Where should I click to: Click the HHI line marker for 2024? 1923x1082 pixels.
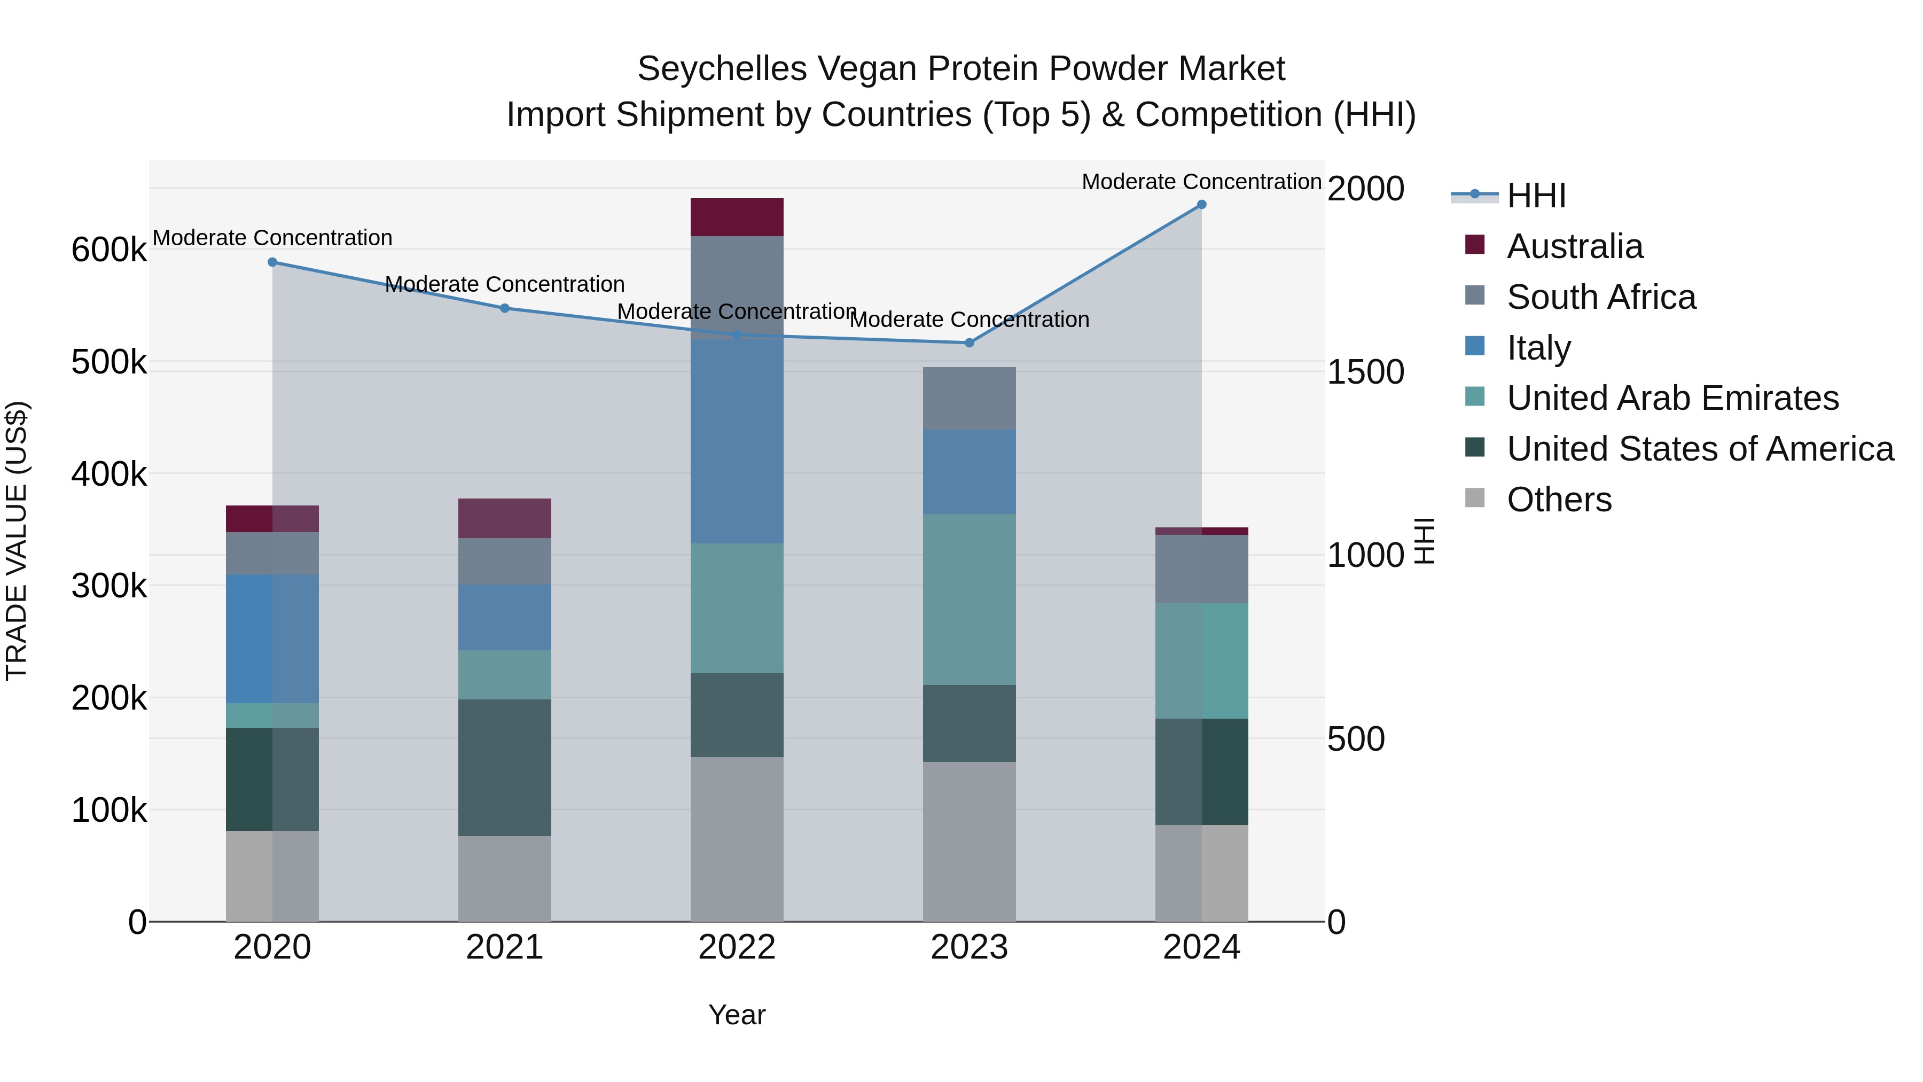pyautogui.click(x=1201, y=205)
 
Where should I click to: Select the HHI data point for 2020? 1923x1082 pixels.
pyautogui.click(x=272, y=262)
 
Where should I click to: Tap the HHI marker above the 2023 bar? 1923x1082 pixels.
pyautogui.click(x=969, y=342)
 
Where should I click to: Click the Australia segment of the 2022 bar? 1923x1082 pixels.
pyautogui.click(x=737, y=217)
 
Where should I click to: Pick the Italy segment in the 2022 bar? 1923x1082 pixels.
pyautogui.click(x=737, y=441)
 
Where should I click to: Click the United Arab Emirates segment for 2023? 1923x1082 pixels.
pyautogui.click(x=969, y=599)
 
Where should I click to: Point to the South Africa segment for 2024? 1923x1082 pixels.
pyautogui.click(x=1201, y=569)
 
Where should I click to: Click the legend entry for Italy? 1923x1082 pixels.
pyautogui.click(x=1538, y=348)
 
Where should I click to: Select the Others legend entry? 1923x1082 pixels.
pyautogui.click(x=1559, y=500)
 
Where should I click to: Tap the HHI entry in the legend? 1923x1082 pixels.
pyautogui.click(x=1536, y=196)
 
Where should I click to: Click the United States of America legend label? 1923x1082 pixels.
pyautogui.click(x=1700, y=449)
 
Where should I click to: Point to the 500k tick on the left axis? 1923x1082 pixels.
pyautogui.click(x=109, y=362)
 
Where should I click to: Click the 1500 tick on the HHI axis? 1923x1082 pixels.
pyautogui.click(x=1365, y=372)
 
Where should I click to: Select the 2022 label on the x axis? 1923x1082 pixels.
pyautogui.click(x=737, y=947)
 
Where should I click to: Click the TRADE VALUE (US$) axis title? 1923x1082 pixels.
pyautogui.click(x=17, y=541)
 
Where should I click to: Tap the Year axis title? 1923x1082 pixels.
pyautogui.click(x=737, y=1015)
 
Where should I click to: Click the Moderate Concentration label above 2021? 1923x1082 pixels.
pyautogui.click(x=505, y=284)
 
